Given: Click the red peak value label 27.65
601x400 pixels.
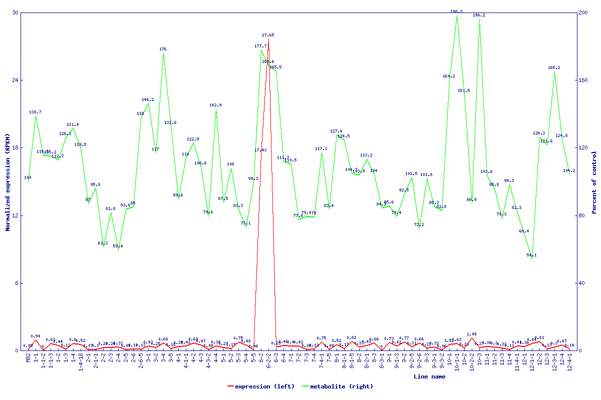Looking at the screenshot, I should (x=268, y=35).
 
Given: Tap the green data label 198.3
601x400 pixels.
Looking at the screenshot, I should (x=456, y=11).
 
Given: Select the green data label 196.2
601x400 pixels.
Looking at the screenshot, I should (x=479, y=15).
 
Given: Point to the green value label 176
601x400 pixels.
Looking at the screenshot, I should (x=163, y=49).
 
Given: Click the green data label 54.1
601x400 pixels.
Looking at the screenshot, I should (x=532, y=255).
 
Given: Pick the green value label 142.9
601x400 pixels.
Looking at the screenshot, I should (x=215, y=105).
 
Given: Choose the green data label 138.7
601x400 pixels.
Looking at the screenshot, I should (x=35, y=112).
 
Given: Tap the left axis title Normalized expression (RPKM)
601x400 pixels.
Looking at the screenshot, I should (x=8, y=181).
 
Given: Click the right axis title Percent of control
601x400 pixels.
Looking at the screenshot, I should (x=594, y=181).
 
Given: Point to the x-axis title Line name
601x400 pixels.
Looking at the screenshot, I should (x=429, y=377).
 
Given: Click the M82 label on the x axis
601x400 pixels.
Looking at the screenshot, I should (x=28, y=358).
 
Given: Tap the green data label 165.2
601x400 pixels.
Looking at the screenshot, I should (x=554, y=68).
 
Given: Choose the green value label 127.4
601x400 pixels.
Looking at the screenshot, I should (x=336, y=131).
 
